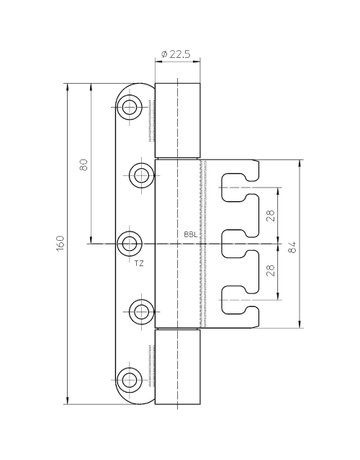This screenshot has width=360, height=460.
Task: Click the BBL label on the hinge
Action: [x=191, y=236]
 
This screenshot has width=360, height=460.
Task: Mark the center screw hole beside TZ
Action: [x=130, y=243]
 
